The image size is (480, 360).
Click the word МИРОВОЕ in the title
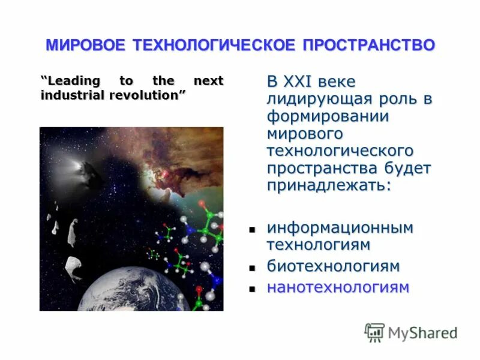click(x=86, y=45)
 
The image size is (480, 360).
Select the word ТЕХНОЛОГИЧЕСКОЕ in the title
click(x=214, y=45)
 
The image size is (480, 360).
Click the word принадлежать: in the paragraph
click(x=329, y=185)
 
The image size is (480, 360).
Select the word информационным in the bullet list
click(x=340, y=228)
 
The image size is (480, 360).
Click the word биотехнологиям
click(x=333, y=266)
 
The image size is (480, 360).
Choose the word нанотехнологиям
click(x=338, y=287)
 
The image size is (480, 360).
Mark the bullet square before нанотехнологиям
click(x=253, y=289)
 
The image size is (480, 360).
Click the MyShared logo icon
click(x=374, y=332)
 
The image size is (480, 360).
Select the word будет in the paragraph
click(x=404, y=168)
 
